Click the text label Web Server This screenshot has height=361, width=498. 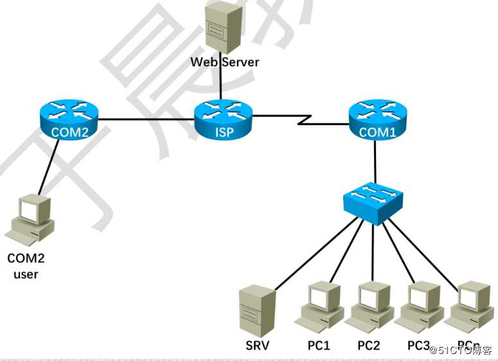225,62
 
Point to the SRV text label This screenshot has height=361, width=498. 257,345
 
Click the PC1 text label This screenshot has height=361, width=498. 319,345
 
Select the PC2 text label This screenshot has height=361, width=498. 369,345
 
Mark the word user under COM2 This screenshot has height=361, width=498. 26,274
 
